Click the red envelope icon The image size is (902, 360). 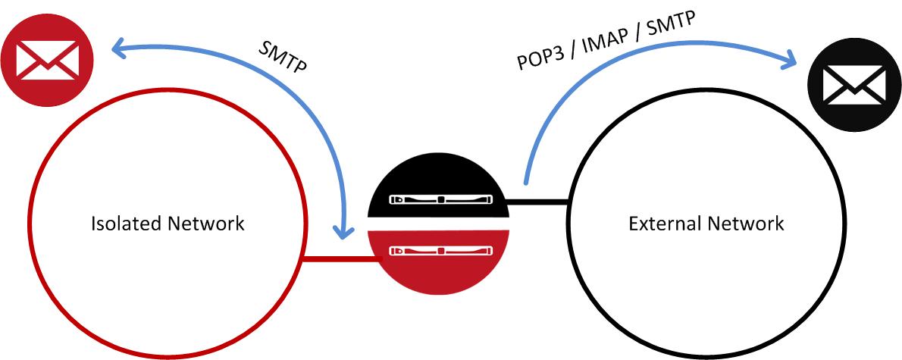[x=46, y=59]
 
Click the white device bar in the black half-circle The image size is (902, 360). [x=438, y=200]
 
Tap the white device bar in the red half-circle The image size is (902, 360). [x=438, y=249]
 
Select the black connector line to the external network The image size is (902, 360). [x=537, y=202]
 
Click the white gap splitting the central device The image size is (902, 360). [x=437, y=223]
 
